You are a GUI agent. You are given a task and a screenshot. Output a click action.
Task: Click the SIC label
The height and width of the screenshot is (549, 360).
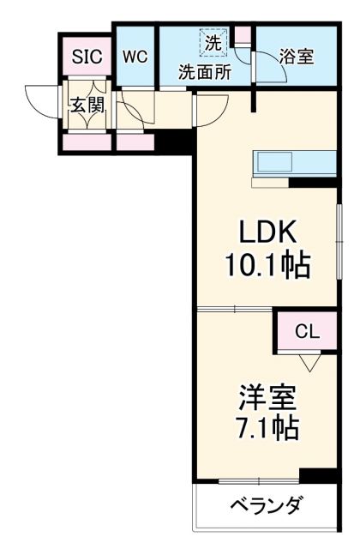tap(86, 57)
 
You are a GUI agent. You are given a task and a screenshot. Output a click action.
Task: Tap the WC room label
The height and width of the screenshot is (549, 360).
tap(135, 57)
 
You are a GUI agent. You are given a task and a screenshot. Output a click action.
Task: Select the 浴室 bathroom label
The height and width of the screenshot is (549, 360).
tap(297, 57)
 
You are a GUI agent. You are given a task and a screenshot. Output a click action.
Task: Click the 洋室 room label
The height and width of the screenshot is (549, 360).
tap(267, 398)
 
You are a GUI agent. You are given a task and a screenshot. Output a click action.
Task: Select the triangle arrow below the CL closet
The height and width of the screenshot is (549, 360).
tap(308, 361)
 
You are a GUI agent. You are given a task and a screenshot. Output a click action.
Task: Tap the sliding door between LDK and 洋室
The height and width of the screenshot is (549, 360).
tap(236, 309)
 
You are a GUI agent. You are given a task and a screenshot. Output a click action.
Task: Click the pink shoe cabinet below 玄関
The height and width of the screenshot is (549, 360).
tap(86, 140)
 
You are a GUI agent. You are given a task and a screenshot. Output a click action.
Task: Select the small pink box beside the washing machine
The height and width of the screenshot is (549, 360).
tap(242, 36)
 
